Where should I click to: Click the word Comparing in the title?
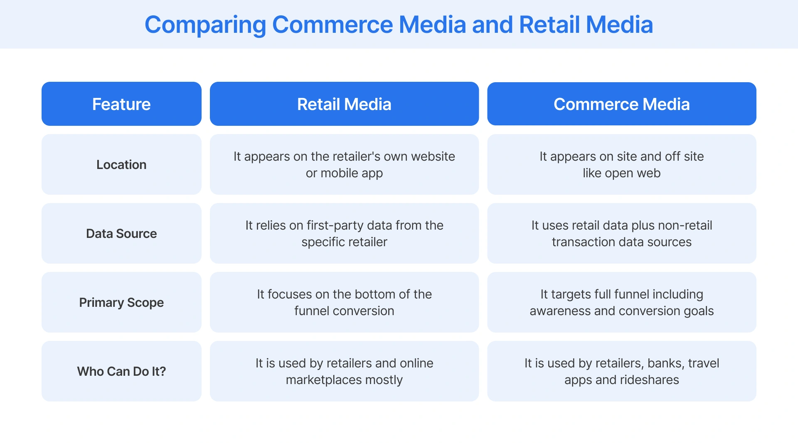tap(205, 25)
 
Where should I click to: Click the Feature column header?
tap(121, 104)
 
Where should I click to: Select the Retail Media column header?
tap(344, 104)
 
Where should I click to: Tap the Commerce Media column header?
tap(621, 104)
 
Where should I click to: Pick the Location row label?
tap(121, 165)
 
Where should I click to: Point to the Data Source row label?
tap(121, 234)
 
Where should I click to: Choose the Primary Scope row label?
tap(121, 303)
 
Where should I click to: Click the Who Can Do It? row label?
tap(121, 372)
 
